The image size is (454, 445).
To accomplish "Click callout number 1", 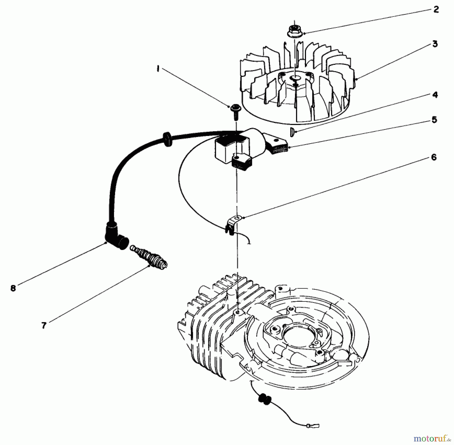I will tap(158, 69).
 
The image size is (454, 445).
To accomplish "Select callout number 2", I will tap(436, 10).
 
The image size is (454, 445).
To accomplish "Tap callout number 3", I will tap(435, 44).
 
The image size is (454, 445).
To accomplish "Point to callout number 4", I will tap(435, 95).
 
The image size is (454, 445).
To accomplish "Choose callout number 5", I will tap(434, 120).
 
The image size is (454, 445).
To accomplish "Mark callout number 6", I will tap(434, 158).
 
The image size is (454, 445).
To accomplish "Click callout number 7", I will tap(44, 326).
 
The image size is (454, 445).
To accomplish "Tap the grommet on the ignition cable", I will tap(166, 139).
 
